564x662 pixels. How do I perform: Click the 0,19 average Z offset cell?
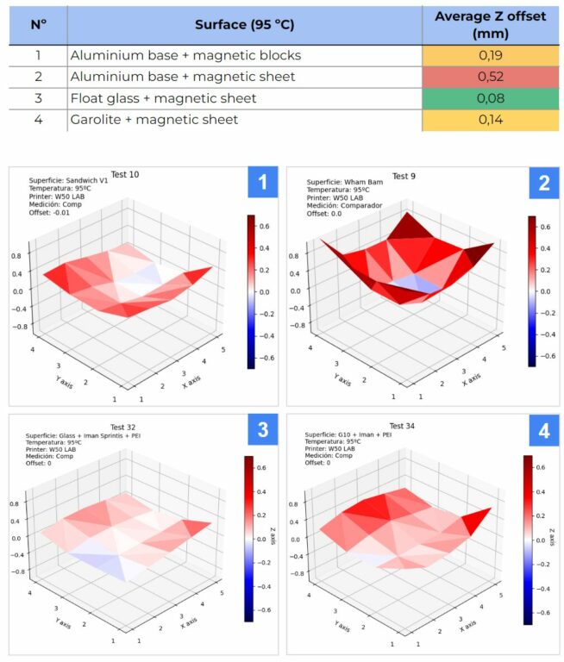490,55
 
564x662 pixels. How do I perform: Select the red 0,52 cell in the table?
490,77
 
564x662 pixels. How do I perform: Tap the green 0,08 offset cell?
490,98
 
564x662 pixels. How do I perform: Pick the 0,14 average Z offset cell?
490,120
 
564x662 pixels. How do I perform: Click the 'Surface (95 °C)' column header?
244,24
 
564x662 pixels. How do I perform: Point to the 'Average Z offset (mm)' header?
490,24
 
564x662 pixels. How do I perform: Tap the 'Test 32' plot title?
124,427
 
